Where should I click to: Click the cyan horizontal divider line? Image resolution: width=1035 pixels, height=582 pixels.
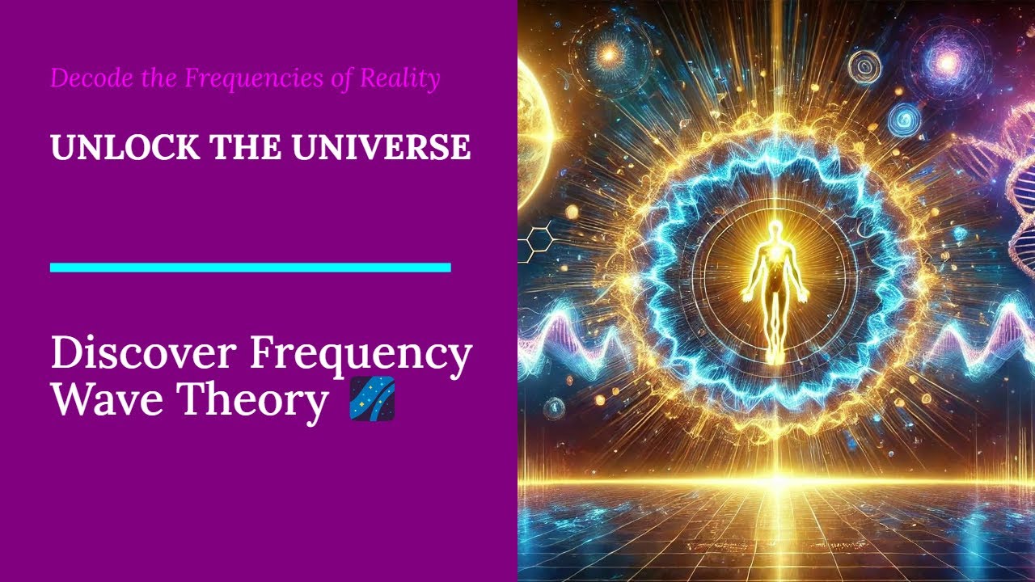click(x=250, y=268)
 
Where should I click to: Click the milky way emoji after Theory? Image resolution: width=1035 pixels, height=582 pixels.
click(x=372, y=399)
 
